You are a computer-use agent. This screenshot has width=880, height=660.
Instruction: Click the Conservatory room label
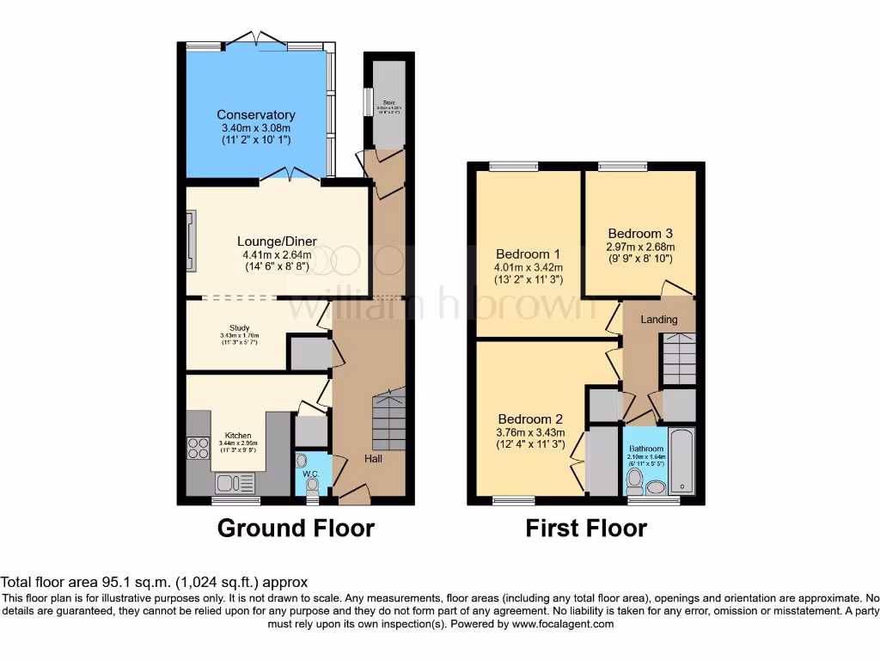pyautogui.click(x=255, y=115)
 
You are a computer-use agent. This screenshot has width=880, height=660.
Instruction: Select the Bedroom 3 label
pyautogui.click(x=640, y=233)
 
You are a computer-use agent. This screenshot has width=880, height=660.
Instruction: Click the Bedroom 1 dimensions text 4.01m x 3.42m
pyautogui.click(x=529, y=266)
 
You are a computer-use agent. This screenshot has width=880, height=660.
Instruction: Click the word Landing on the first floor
pyautogui.click(x=659, y=320)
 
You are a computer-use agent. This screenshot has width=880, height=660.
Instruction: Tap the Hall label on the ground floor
pyautogui.click(x=372, y=458)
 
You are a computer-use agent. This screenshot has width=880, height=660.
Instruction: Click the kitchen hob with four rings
pyautogui.click(x=199, y=448)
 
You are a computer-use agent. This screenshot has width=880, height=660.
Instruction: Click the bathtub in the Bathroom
pyautogui.click(x=681, y=461)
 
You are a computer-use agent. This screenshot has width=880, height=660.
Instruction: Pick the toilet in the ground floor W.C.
pyautogui.click(x=312, y=486)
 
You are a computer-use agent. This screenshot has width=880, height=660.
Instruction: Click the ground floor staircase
pyautogui.click(x=388, y=419)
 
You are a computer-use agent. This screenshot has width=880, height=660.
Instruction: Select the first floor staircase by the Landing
pyautogui.click(x=679, y=359)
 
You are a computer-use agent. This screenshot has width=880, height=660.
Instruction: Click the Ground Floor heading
pyautogui.click(x=296, y=528)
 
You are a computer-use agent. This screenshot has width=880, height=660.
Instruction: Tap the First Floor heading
pyautogui.click(x=586, y=528)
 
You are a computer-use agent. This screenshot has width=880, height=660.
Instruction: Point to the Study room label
pyautogui.click(x=233, y=327)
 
